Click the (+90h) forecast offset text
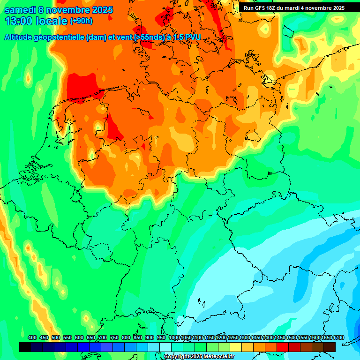click(81, 21)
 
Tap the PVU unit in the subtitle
click(192, 37)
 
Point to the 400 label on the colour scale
click(32, 338)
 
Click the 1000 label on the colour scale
click(174, 338)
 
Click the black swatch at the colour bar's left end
click(25, 347)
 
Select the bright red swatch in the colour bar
click(283, 347)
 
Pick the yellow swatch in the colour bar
click(236, 347)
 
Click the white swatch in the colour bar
click(165, 347)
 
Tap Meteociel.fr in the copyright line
click(216, 357)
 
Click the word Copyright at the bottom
click(177, 357)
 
